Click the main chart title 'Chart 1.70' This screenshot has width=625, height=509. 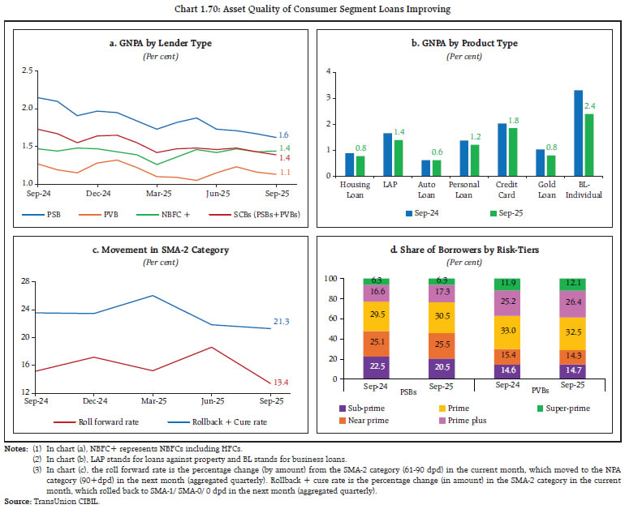312,10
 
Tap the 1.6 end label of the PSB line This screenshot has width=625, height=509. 284,135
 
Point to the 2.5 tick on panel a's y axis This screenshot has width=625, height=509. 24,72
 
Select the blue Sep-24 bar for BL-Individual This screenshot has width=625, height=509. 578,133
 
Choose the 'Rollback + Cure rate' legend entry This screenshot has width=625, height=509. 211,421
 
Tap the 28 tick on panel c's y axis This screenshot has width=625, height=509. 24,281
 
